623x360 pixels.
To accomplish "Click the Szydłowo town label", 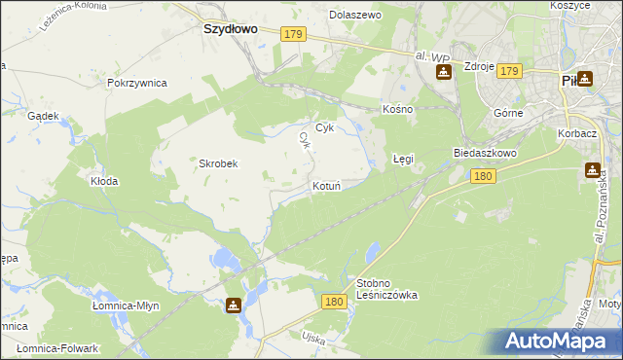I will coord(230,29).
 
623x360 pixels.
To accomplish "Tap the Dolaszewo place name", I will coord(355,16).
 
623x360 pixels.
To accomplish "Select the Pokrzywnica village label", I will coord(137,84).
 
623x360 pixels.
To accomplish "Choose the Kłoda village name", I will coord(104,181).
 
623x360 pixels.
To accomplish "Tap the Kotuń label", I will coord(326,185).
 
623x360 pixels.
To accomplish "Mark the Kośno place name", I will coord(398,109).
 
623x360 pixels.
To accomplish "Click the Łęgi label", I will coord(404,158).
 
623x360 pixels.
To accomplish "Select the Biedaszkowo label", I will coord(484,154).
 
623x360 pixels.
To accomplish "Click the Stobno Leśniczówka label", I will coord(386,289).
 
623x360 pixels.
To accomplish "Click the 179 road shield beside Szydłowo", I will coord(295,34).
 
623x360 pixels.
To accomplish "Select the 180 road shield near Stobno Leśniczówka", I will coord(334,303).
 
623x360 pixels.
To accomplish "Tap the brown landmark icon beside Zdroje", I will coord(443,72).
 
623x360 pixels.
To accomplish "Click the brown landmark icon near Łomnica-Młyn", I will coord(234,306).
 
